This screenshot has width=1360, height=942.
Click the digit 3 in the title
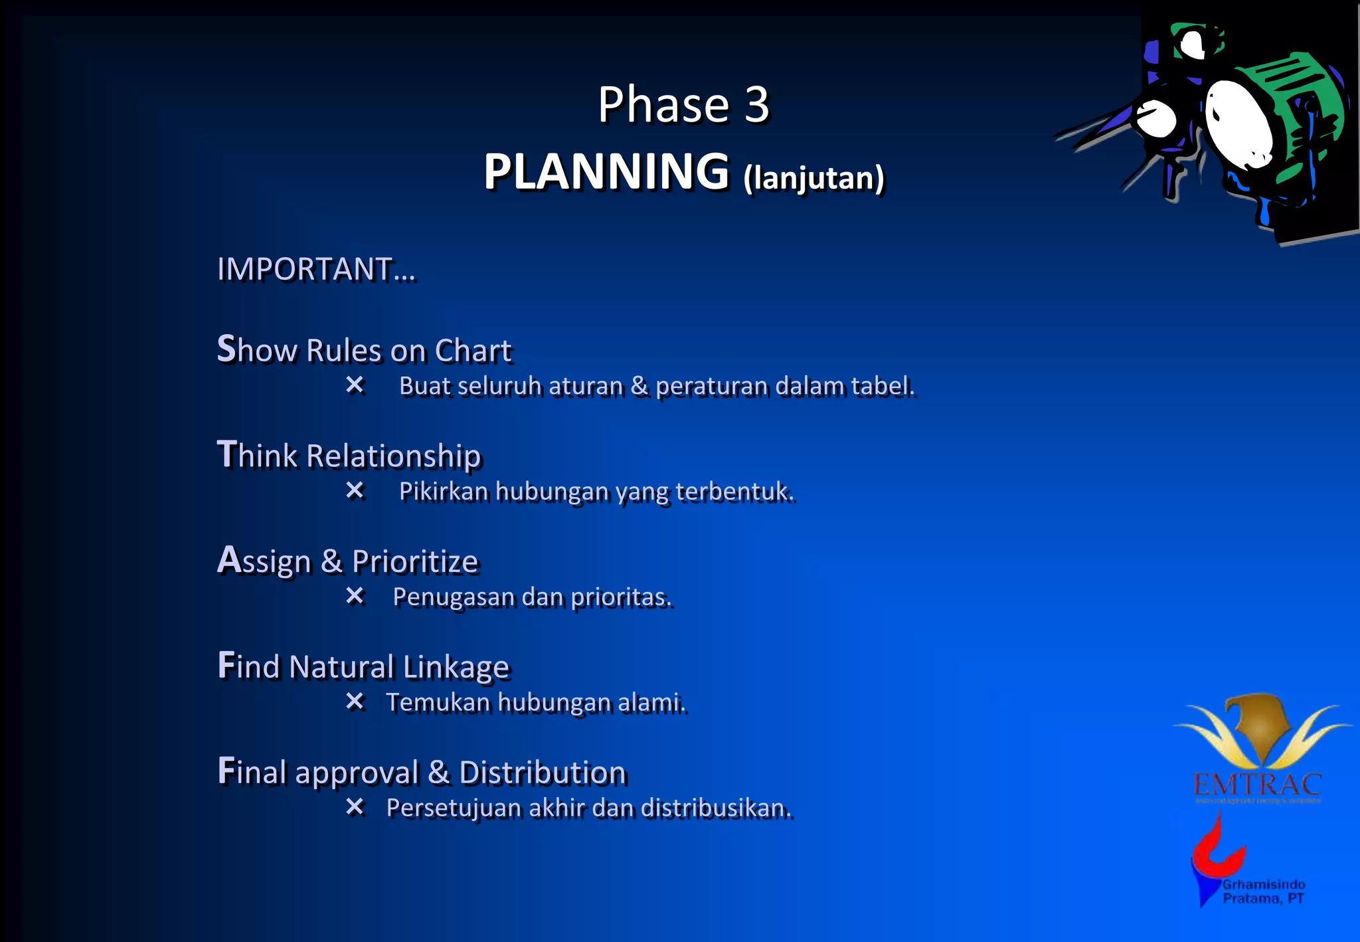pyautogui.click(x=756, y=105)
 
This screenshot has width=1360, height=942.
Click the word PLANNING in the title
pyautogui.click(x=606, y=172)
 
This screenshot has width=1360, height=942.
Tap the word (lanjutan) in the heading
pyautogui.click(x=813, y=177)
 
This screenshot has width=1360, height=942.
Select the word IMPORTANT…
pyautogui.click(x=316, y=269)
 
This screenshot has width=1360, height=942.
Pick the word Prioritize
pyautogui.click(x=415, y=561)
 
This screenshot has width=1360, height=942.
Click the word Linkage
pyautogui.click(x=456, y=667)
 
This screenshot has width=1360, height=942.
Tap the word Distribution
pyautogui.click(x=543, y=773)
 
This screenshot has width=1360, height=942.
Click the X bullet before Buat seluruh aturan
pyautogui.click(x=355, y=385)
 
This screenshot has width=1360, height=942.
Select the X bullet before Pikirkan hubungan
pyautogui.click(x=355, y=490)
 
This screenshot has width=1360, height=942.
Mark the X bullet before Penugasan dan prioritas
pyautogui.click(x=355, y=596)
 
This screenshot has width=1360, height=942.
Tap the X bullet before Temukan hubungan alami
pyautogui.click(x=355, y=702)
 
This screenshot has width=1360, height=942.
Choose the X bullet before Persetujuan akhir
pyautogui.click(x=355, y=807)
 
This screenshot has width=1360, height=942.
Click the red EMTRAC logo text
pyautogui.click(x=1257, y=785)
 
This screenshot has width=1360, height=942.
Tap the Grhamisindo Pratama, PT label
pyautogui.click(x=1264, y=892)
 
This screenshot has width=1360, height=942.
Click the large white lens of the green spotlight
pyautogui.click(x=1238, y=123)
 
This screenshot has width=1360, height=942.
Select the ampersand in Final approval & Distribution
pyautogui.click(x=438, y=773)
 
